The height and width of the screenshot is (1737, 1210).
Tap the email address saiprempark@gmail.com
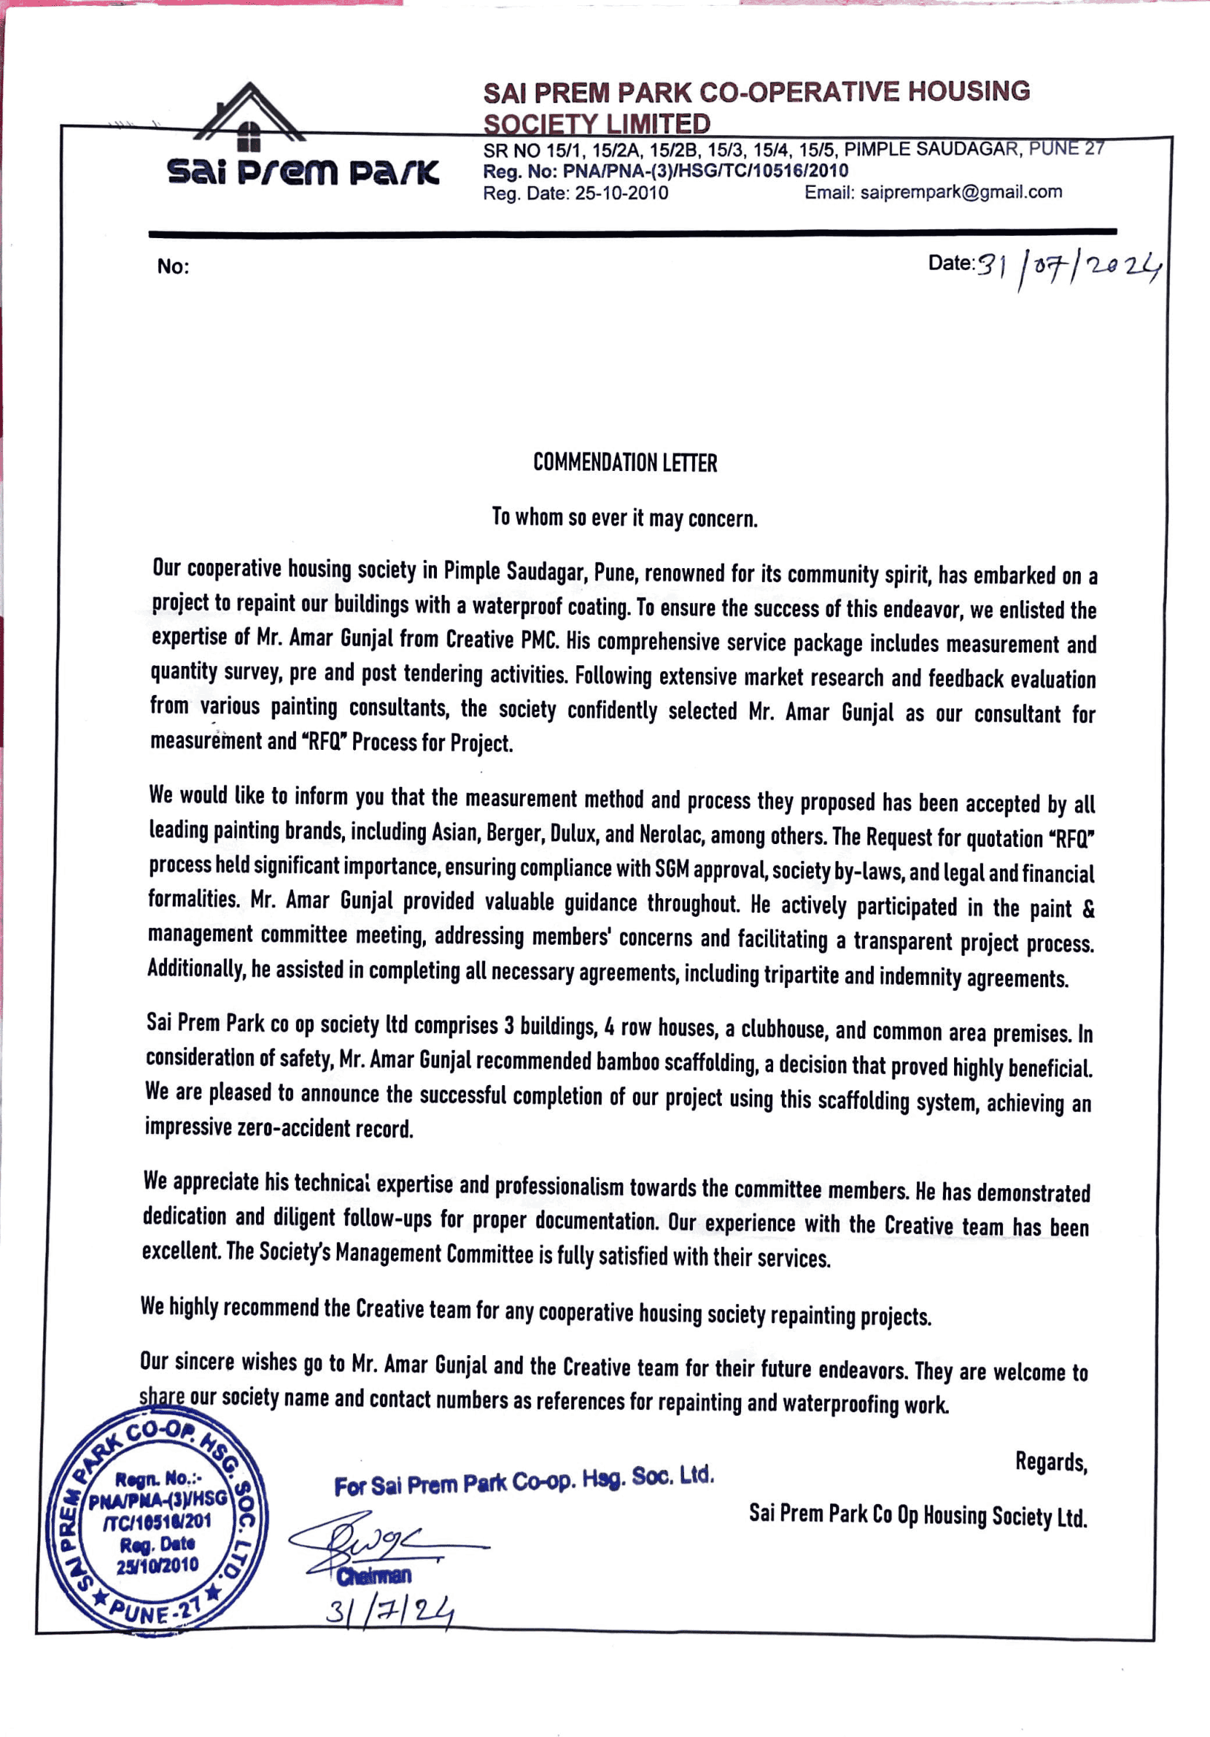[960, 192]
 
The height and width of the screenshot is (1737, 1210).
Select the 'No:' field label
[173, 266]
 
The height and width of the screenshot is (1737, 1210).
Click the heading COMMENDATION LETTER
[625, 462]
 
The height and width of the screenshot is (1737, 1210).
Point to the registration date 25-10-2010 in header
[621, 193]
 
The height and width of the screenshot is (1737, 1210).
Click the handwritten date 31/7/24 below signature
[389, 1612]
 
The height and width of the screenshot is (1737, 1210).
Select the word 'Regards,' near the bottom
[1050, 1462]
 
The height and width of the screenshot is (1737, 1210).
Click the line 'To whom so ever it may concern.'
[625, 518]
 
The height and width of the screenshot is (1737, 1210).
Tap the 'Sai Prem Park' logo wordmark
[303, 172]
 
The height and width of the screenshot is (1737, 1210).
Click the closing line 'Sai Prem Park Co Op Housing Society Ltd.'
[917, 1515]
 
